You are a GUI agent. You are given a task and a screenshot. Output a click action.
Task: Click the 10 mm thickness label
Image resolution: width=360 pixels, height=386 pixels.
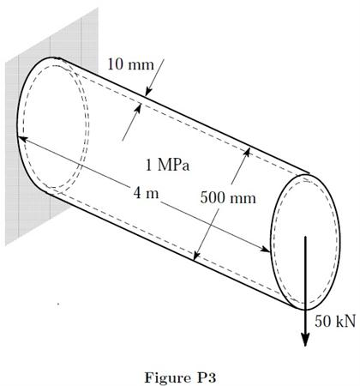[x=129, y=63]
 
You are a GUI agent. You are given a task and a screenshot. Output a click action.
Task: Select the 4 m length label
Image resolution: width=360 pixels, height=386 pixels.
[x=147, y=192]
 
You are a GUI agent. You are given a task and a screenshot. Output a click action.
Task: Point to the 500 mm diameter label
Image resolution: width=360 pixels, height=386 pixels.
[x=228, y=198]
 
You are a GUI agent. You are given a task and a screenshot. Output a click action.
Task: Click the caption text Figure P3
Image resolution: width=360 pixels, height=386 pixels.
[x=180, y=373]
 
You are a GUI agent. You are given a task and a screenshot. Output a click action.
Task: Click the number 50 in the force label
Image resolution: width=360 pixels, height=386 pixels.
[x=322, y=321]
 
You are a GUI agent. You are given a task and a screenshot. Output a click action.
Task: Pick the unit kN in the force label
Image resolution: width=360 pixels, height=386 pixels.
[x=343, y=321]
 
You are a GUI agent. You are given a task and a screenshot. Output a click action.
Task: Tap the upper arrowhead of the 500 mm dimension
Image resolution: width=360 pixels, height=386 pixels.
[x=249, y=150]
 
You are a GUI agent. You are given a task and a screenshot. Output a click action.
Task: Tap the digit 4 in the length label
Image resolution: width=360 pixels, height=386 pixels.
[x=138, y=192]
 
